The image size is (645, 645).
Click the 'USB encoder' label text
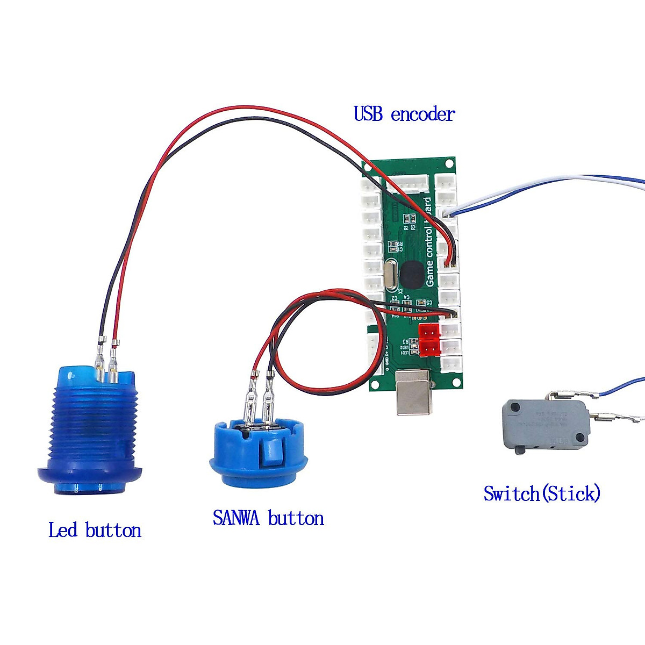404,114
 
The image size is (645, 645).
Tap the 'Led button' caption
95,531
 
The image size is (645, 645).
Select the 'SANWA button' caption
268,518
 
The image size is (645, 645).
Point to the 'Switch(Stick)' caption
541,493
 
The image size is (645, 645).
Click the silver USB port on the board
413,392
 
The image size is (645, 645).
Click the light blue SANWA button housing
258,451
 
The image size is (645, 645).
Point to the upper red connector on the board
429,332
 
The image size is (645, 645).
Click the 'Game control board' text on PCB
429,242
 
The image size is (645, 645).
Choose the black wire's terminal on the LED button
100,357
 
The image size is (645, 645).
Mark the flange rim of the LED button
90,476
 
